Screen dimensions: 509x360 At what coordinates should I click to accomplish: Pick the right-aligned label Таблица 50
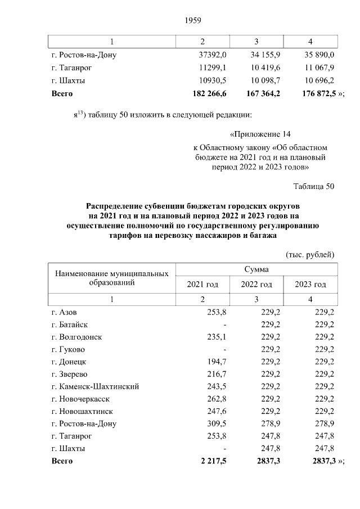[314, 186]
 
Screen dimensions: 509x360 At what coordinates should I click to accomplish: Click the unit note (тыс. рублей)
[310, 254]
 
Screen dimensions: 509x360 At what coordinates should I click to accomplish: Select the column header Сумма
[256, 269]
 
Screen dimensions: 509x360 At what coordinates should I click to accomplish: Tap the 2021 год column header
[202, 284]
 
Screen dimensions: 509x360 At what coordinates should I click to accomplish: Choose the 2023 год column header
[310, 284]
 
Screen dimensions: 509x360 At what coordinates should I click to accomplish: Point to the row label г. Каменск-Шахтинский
[95, 386]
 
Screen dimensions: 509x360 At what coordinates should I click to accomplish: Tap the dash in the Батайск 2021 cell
[224, 325]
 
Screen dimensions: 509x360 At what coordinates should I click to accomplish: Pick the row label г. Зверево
[70, 374]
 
